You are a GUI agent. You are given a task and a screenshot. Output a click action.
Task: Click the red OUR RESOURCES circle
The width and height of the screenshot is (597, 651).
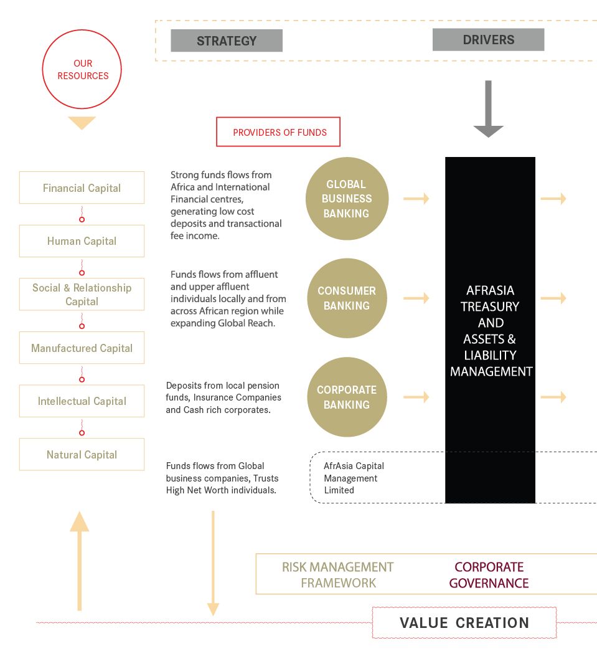click(82, 69)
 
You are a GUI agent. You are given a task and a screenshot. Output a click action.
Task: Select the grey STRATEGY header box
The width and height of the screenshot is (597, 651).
click(227, 40)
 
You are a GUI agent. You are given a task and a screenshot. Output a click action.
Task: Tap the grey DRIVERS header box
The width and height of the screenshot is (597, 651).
click(488, 40)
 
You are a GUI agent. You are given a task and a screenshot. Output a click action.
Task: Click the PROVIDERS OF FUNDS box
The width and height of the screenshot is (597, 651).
click(278, 132)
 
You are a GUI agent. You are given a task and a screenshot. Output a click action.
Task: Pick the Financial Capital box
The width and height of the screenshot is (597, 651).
click(82, 188)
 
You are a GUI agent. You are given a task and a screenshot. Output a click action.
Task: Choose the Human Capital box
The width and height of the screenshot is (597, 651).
click(82, 241)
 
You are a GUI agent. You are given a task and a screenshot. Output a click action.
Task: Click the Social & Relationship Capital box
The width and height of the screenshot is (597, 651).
click(82, 294)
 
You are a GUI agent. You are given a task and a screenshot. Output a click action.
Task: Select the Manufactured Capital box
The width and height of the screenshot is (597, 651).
click(82, 348)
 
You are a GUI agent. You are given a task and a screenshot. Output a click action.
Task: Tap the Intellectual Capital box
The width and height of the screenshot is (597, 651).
click(82, 401)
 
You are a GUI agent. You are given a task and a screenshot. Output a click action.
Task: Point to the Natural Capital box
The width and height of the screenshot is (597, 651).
click(82, 454)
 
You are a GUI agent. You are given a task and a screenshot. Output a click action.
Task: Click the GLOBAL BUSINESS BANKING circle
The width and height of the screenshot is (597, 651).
click(347, 199)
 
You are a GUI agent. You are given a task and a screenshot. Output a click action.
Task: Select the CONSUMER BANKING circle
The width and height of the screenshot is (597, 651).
click(347, 298)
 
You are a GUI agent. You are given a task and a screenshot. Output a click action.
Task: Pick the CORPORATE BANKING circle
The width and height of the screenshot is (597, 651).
click(347, 397)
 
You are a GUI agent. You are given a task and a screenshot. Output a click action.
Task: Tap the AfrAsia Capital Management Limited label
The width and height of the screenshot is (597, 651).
click(354, 478)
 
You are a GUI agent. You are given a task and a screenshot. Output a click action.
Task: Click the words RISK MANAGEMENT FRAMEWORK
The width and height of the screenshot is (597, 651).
click(338, 575)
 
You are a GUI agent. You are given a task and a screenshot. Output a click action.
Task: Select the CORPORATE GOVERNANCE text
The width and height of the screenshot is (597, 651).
click(489, 575)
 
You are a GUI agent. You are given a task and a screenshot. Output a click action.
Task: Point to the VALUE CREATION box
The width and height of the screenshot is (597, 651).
click(464, 622)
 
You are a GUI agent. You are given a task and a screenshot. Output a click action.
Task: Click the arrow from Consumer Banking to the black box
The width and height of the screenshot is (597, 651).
click(416, 298)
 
